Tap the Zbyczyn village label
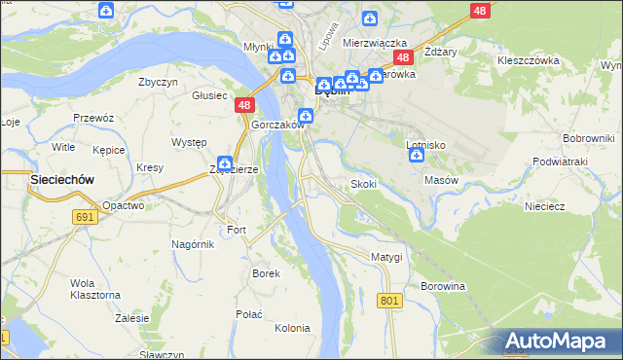(x=158, y=82)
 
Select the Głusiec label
(x=209, y=95)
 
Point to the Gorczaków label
(x=279, y=126)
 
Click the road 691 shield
(x=84, y=217)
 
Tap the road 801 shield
(x=390, y=302)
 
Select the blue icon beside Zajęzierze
(x=225, y=163)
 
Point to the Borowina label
(x=444, y=286)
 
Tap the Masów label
(x=441, y=180)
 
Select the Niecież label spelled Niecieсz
(x=545, y=205)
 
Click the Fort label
(x=237, y=230)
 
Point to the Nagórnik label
(x=192, y=244)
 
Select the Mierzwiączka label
(x=375, y=43)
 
